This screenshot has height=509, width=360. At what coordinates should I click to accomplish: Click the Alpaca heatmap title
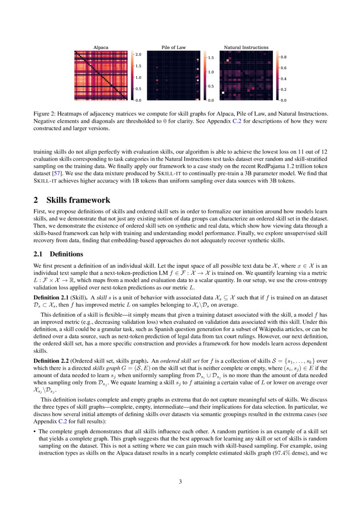click(101, 47)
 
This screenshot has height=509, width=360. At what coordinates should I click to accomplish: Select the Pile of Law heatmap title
click(174, 47)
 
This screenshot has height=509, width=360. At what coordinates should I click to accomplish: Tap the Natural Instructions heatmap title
click(246, 47)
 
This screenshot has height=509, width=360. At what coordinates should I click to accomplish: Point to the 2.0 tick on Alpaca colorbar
click(138, 54)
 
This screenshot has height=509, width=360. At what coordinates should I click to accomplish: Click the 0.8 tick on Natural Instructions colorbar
click(283, 57)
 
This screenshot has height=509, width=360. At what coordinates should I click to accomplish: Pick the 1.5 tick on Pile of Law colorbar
click(211, 57)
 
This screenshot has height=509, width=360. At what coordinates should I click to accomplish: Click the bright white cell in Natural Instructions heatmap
click(223, 93)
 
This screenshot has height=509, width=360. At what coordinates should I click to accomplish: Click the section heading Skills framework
click(78, 200)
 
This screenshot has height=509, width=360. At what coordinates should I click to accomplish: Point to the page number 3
click(180, 482)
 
